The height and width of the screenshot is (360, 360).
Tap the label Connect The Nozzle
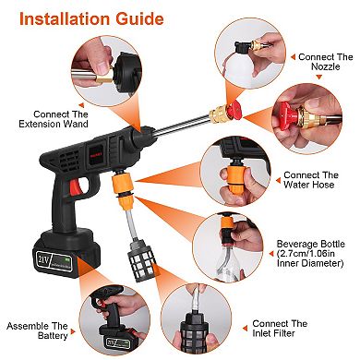pyautogui.click(x=325, y=63)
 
